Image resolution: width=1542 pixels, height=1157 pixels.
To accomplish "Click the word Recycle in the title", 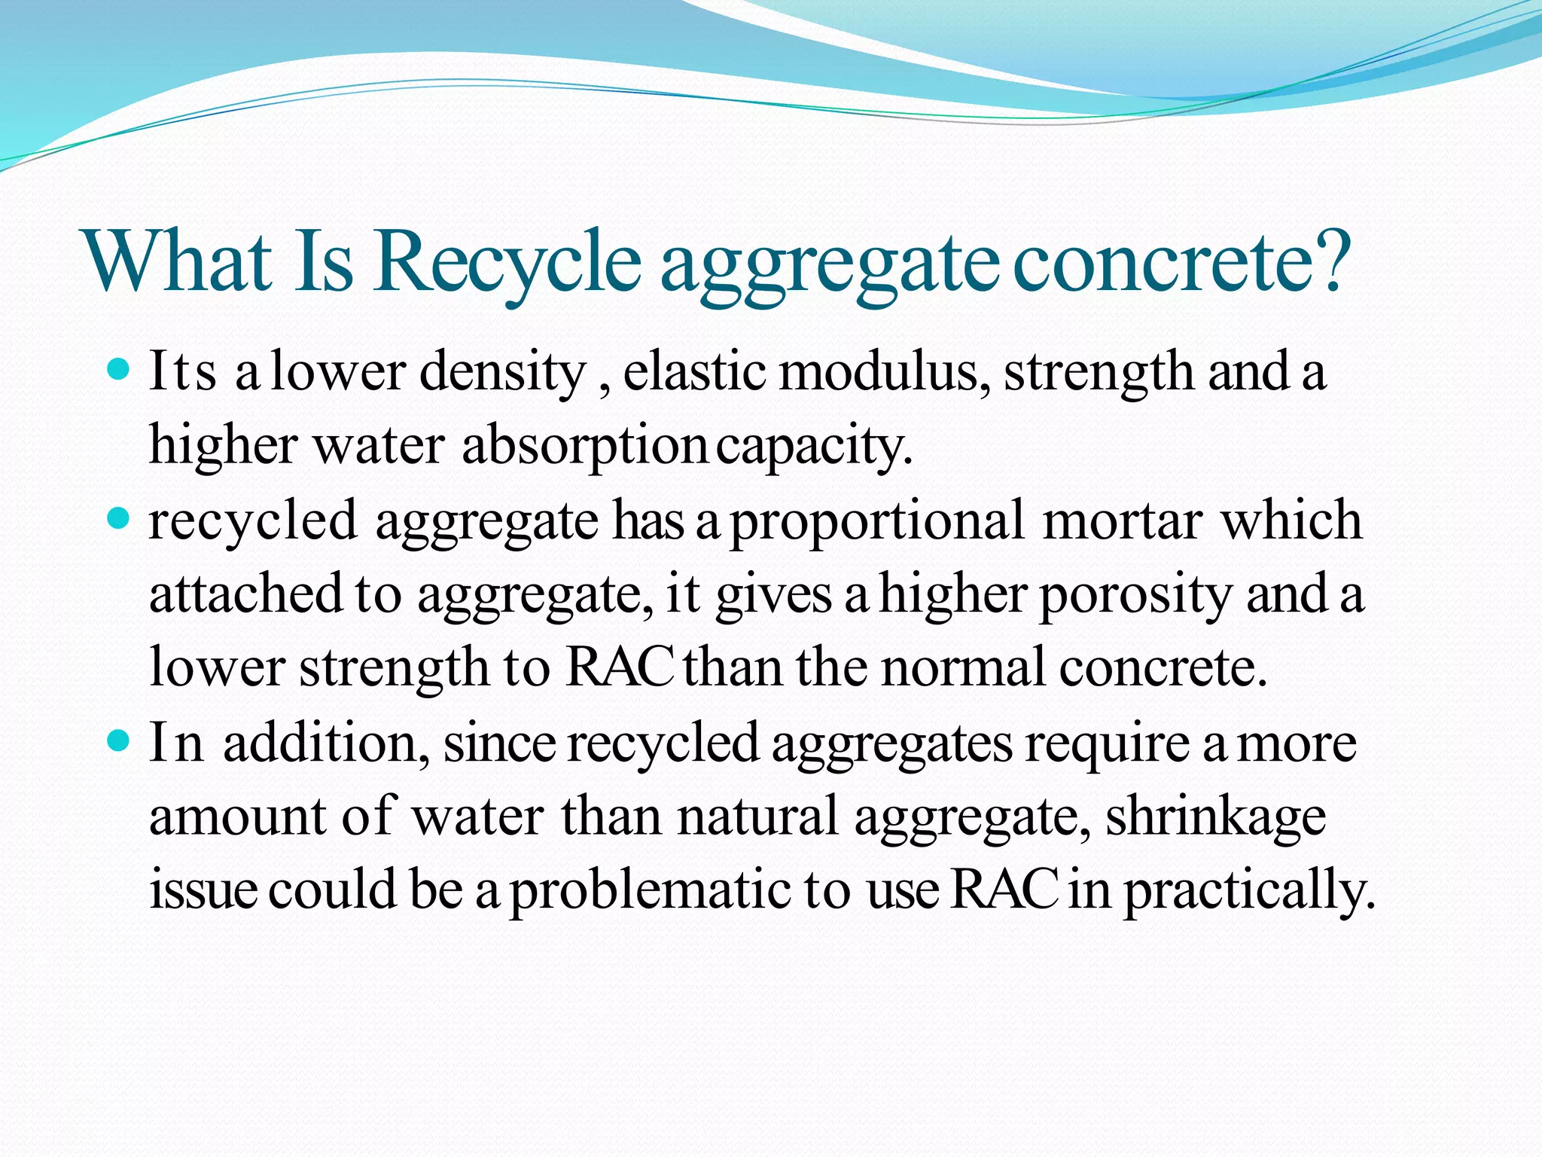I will click(x=508, y=264).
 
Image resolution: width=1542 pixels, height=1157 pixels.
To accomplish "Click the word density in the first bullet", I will click(x=502, y=373).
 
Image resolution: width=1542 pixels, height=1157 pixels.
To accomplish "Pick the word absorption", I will click(x=584, y=447).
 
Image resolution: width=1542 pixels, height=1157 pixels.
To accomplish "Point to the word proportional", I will click(x=878, y=522).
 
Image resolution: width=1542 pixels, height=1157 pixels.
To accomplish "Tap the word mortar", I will click(x=1122, y=520).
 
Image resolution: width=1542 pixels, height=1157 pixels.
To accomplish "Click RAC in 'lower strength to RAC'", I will click(x=619, y=667).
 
